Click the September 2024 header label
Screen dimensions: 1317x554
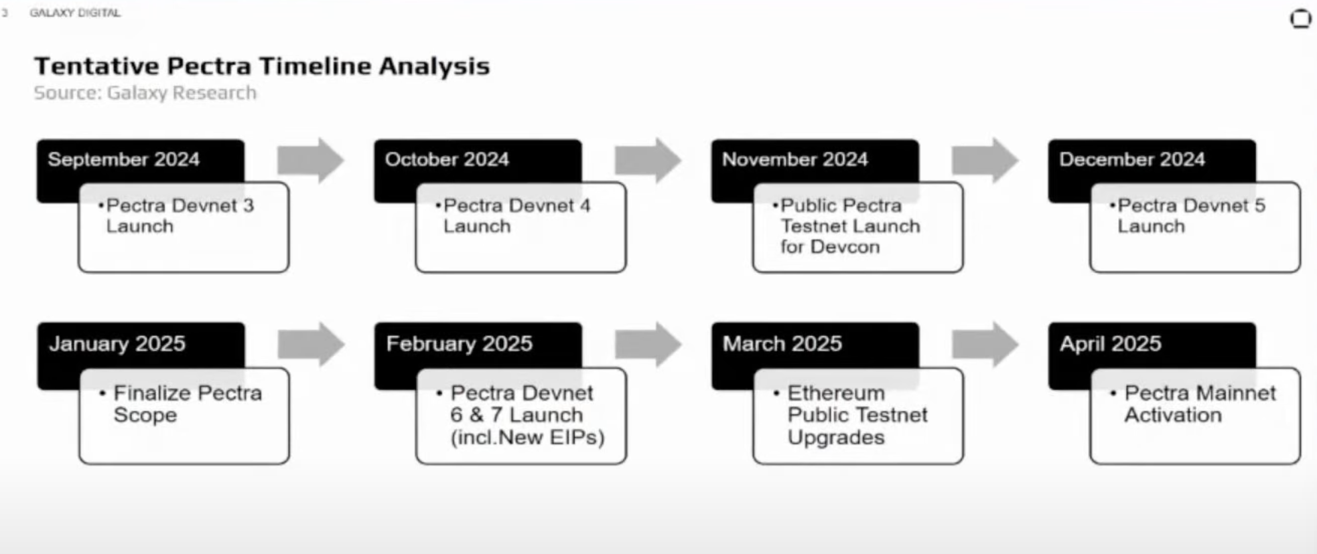coord(124,159)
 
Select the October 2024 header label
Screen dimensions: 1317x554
coord(447,159)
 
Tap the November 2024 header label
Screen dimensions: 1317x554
coord(794,159)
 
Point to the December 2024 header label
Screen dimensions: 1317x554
coord(1132,159)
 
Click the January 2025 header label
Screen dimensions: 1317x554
coord(117,343)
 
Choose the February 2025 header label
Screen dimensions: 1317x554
coord(459,343)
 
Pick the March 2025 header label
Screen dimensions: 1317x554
coord(782,343)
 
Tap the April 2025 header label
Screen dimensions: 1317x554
coord(1110,343)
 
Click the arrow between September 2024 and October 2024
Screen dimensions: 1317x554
coord(311,161)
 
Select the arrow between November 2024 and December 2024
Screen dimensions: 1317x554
coord(985,161)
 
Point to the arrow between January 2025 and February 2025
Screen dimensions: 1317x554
coord(311,345)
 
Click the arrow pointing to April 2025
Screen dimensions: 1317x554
coord(985,345)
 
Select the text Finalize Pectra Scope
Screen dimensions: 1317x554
coord(181,403)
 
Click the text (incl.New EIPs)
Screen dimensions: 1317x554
coord(528,438)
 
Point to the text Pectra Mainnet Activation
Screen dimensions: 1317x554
coord(1194,403)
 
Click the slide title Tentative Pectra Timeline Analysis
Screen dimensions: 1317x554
coord(262,66)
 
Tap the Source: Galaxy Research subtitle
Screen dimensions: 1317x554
coord(145,93)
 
